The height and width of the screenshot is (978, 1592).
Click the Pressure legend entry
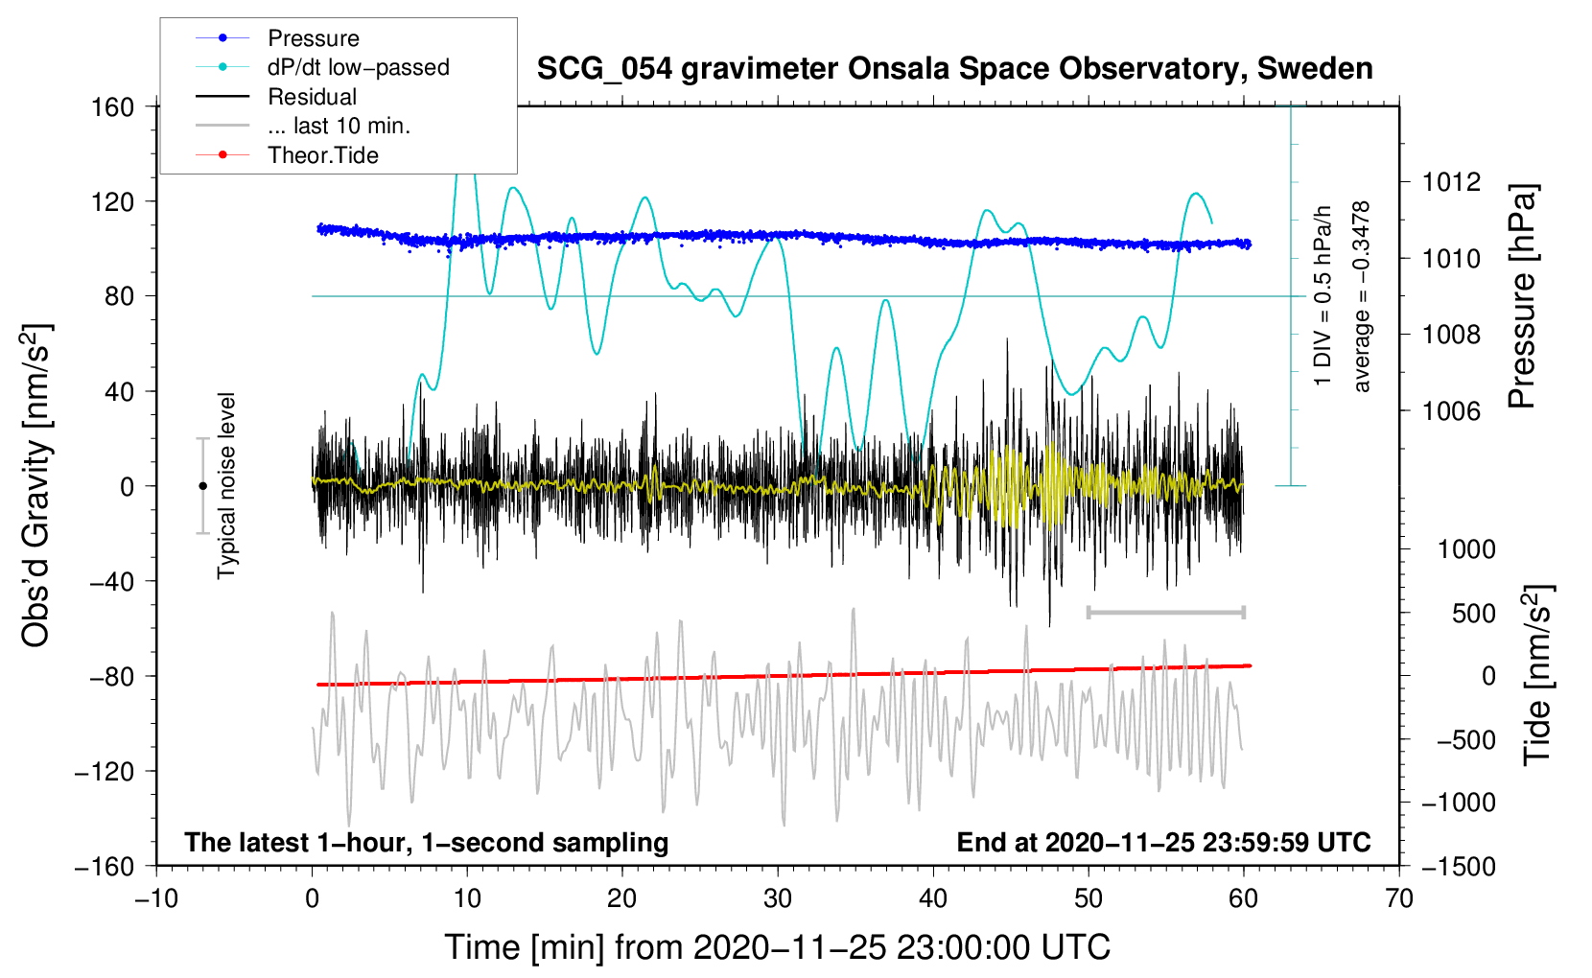click(x=313, y=38)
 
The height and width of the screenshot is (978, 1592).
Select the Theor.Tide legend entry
click(x=322, y=155)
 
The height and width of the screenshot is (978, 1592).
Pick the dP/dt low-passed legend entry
click(x=358, y=67)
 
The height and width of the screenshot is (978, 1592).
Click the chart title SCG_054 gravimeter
click(x=954, y=69)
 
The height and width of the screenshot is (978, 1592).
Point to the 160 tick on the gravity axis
click(x=113, y=106)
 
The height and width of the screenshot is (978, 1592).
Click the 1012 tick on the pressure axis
click(x=1451, y=182)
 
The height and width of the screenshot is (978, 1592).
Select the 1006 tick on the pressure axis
click(x=1451, y=411)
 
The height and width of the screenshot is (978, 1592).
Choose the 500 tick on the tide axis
click(x=1473, y=614)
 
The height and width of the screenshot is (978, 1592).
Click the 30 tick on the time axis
click(x=778, y=898)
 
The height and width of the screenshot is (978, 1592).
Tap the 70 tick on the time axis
click(x=1399, y=898)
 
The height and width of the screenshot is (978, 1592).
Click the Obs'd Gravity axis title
click(x=35, y=486)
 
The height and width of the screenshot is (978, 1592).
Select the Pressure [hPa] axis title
click(x=1522, y=296)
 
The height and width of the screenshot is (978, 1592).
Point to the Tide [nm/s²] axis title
click(x=1537, y=675)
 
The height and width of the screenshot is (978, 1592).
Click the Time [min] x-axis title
click(x=778, y=947)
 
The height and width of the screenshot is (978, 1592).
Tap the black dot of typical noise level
click(x=202, y=486)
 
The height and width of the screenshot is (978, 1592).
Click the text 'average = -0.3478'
click(x=1361, y=296)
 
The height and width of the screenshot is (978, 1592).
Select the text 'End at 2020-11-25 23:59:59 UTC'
click(x=1163, y=843)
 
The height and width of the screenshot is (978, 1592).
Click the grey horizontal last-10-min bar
click(x=1165, y=612)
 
